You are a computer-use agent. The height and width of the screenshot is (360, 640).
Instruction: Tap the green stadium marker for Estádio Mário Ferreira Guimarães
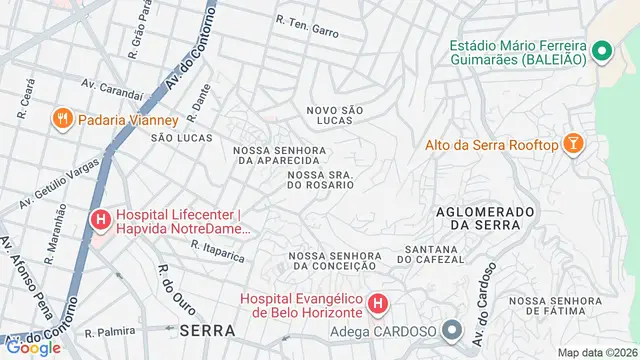pos(602,50)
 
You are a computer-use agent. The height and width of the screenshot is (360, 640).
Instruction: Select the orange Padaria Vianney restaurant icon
pos(63,119)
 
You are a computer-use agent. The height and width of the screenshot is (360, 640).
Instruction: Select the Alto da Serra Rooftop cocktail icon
pos(573,145)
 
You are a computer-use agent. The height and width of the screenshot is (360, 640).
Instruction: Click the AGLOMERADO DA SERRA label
pos(480,218)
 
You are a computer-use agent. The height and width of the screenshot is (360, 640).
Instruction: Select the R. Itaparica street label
pos(217,251)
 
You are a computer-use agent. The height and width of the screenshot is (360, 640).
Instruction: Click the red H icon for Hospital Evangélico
pos(378,303)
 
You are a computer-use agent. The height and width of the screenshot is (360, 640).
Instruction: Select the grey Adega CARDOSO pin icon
pos(453,330)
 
